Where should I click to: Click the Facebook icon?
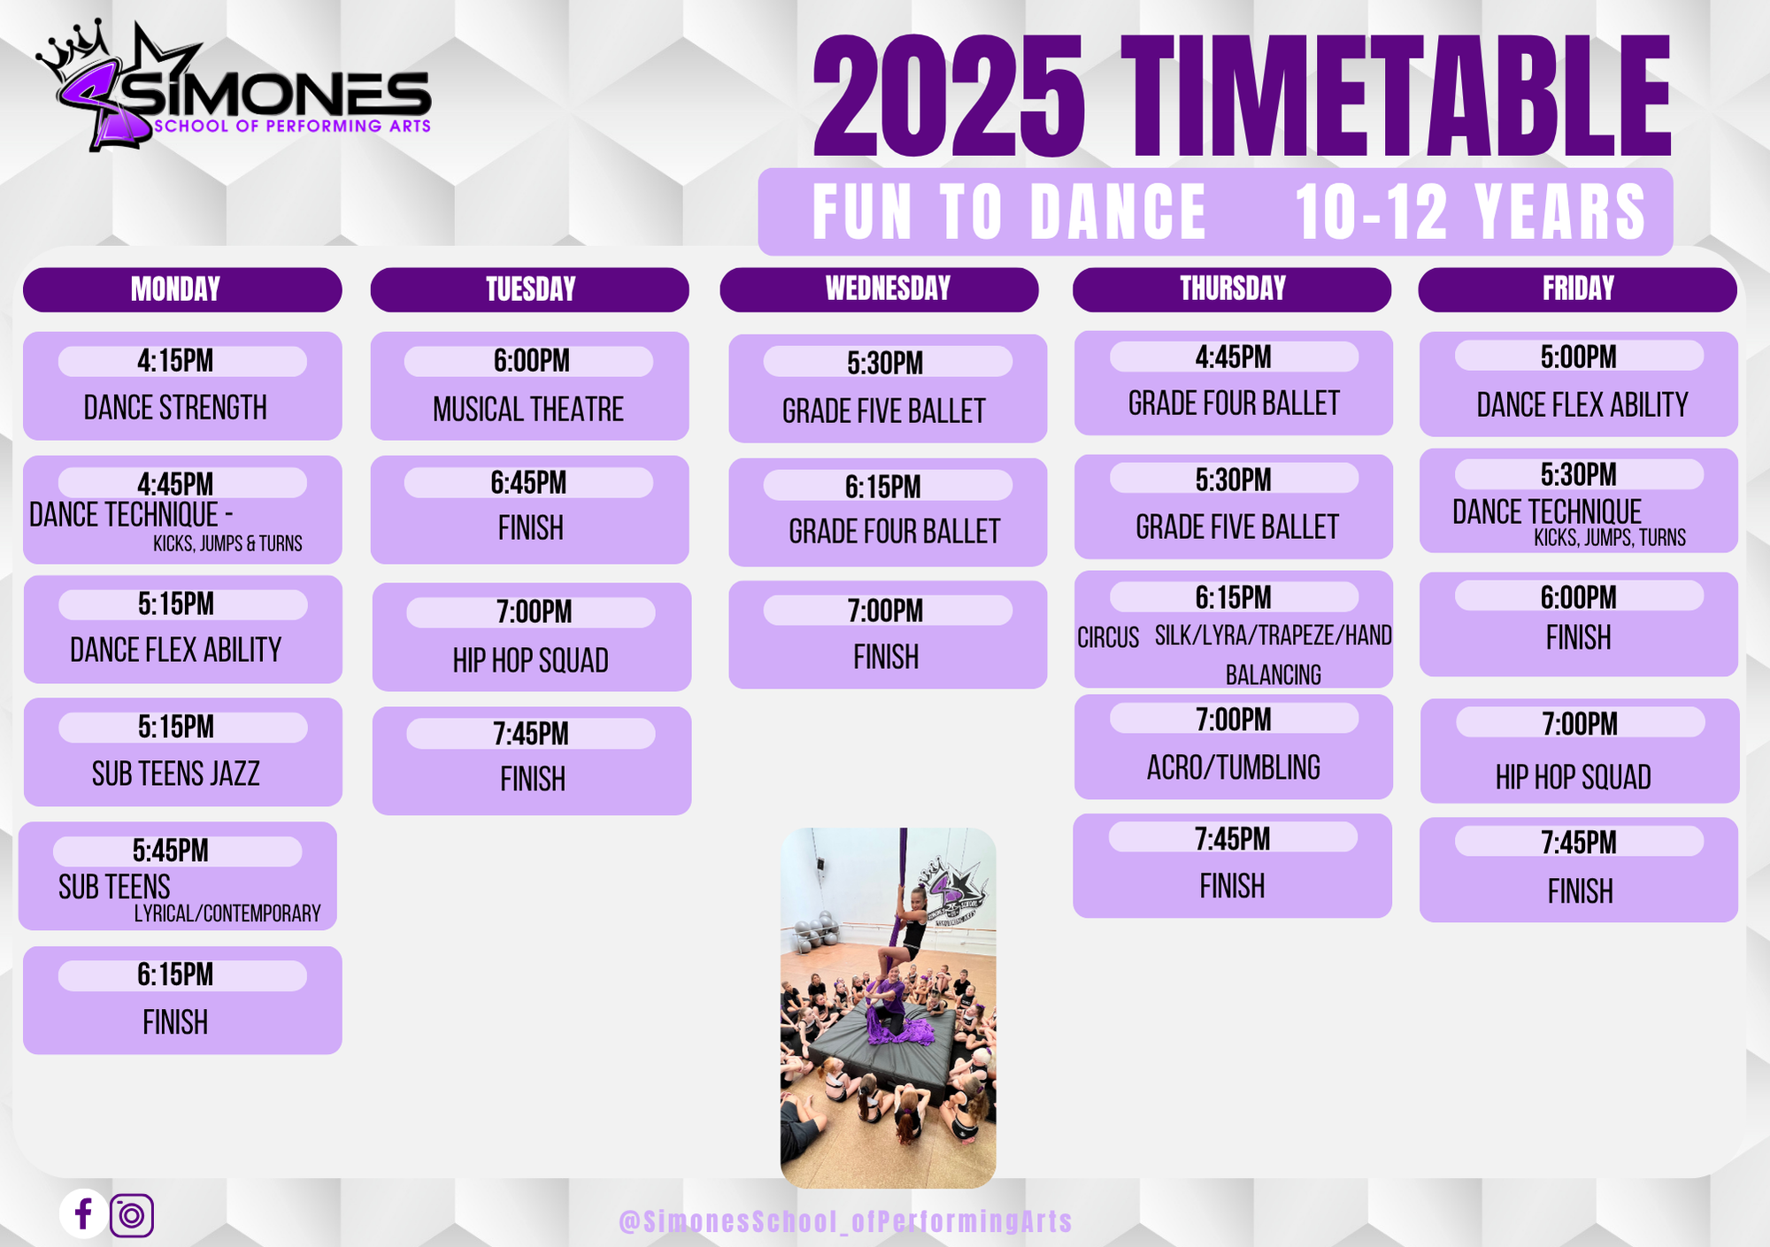(x=84, y=1213)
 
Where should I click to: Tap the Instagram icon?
(x=132, y=1215)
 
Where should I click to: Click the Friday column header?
(x=1577, y=289)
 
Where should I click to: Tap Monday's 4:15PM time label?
(x=176, y=361)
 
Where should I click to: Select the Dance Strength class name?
(x=175, y=408)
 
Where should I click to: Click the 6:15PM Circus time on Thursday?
(x=1233, y=598)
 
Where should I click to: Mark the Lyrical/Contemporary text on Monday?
(x=227, y=913)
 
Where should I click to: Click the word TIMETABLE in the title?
(x=1396, y=97)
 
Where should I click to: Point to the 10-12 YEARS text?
(x=1470, y=212)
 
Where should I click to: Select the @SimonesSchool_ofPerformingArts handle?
(x=845, y=1221)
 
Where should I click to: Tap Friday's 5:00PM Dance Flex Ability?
(x=1579, y=384)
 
